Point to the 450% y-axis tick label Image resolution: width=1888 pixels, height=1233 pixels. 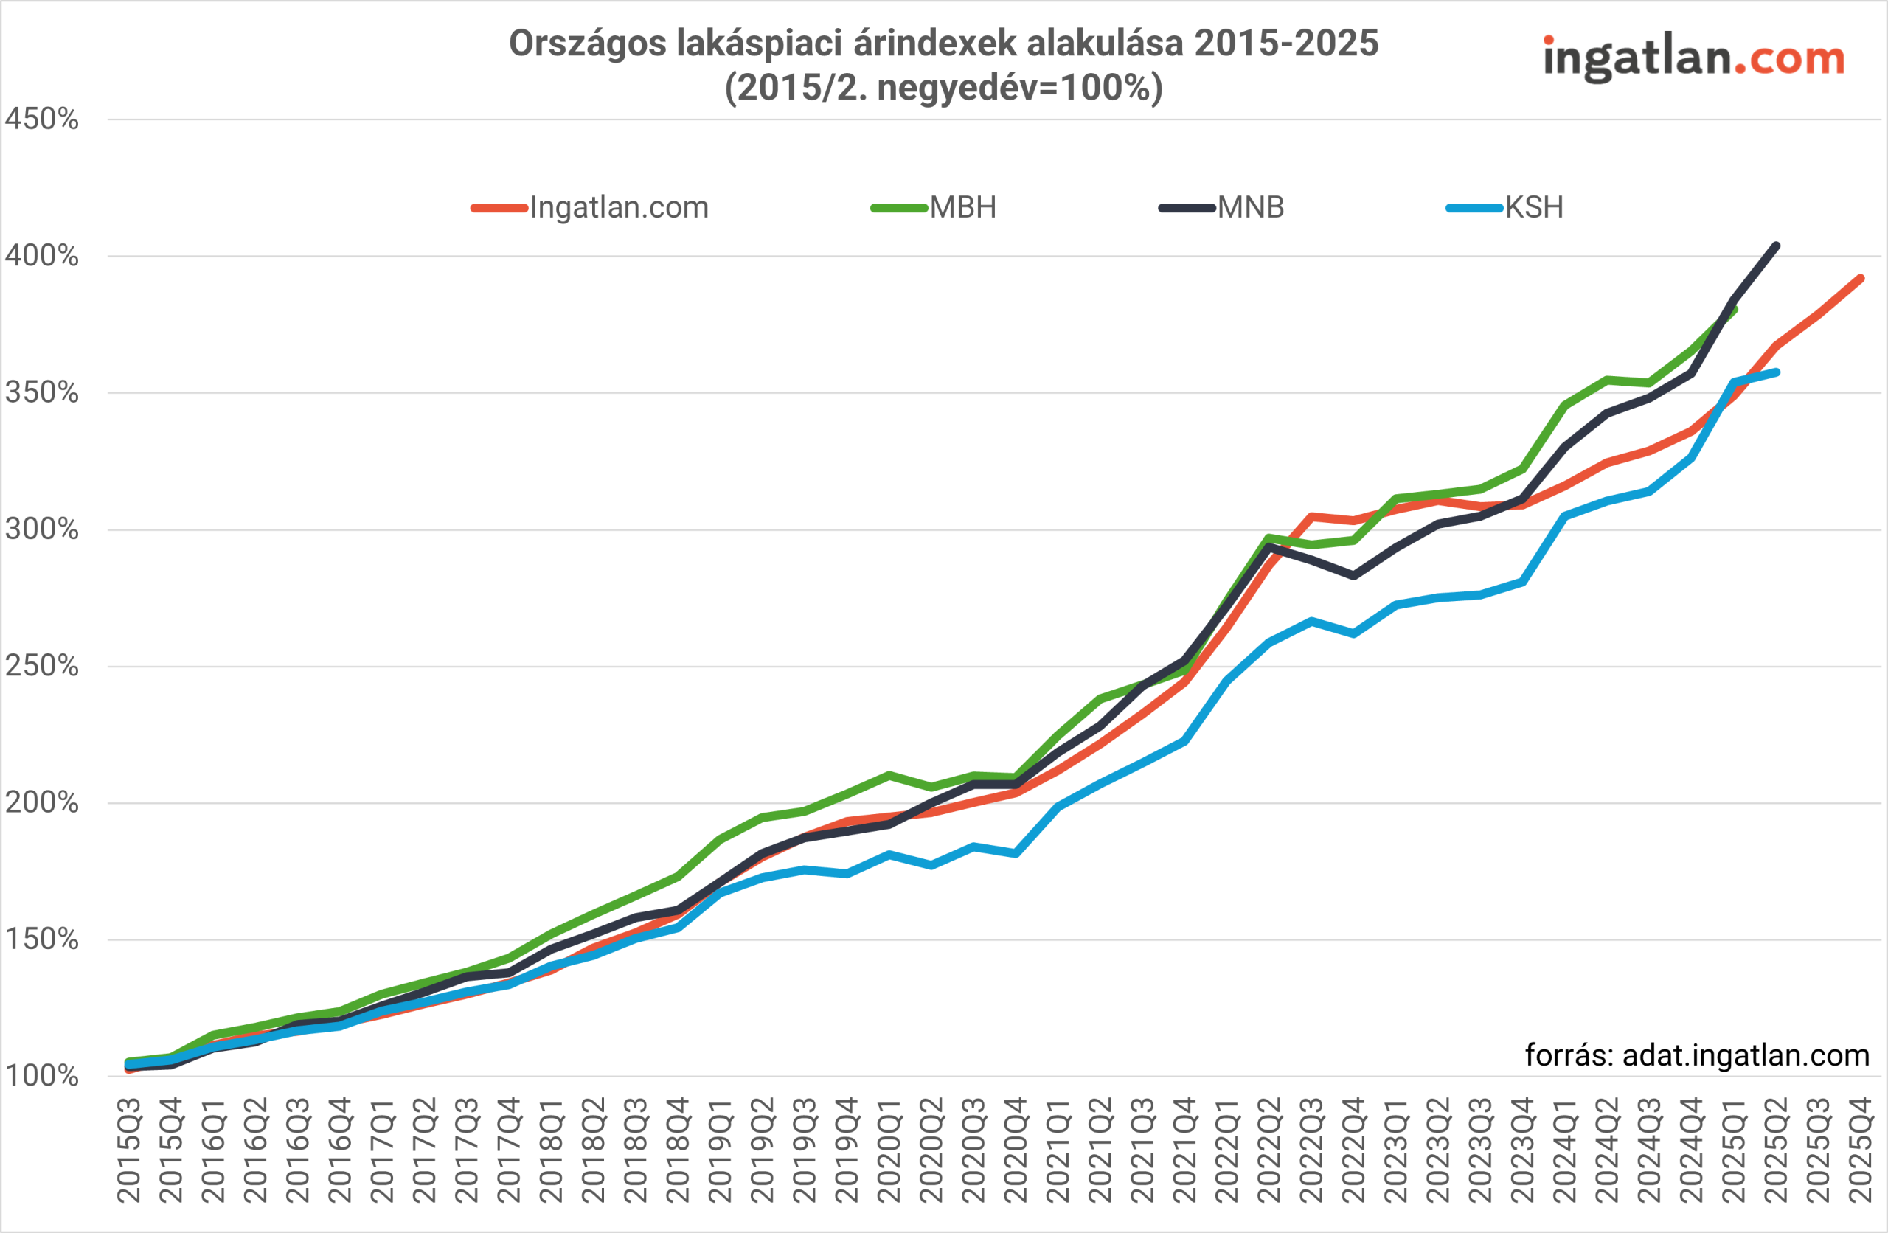[x=42, y=119]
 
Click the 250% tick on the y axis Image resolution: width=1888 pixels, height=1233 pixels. [x=42, y=667]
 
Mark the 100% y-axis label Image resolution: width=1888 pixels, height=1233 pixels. [x=42, y=1077]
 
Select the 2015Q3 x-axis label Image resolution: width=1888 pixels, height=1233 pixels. [x=129, y=1150]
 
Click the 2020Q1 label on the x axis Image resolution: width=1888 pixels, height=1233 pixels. [x=889, y=1150]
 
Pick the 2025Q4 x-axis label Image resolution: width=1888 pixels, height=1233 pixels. [x=1860, y=1150]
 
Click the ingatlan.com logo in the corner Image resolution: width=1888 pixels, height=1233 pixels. [x=1693, y=57]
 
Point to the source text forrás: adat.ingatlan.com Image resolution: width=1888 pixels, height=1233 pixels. [x=1697, y=1055]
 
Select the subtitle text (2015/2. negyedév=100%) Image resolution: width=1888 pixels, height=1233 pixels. [x=943, y=87]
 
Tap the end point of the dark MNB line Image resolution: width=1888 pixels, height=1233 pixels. [x=1776, y=246]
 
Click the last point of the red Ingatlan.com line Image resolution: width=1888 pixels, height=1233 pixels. [x=1860, y=279]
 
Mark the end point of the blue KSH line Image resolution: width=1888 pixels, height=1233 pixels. [x=1776, y=372]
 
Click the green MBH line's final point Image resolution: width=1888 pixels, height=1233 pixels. [x=1734, y=310]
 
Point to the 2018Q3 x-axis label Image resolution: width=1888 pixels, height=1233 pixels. [x=636, y=1150]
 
